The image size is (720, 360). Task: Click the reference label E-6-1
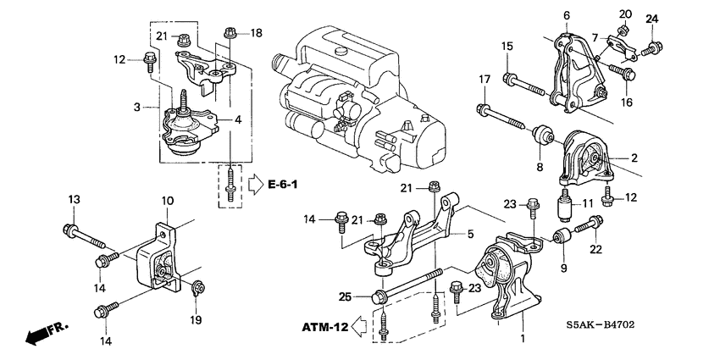click(287, 184)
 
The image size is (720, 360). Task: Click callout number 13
click(74, 199)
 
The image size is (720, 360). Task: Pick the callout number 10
click(167, 201)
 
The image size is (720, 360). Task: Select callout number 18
click(257, 33)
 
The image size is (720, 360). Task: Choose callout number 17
click(485, 80)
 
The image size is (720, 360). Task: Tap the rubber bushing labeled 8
click(543, 136)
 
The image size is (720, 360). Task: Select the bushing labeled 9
click(560, 235)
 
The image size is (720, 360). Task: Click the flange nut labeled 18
click(230, 34)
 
